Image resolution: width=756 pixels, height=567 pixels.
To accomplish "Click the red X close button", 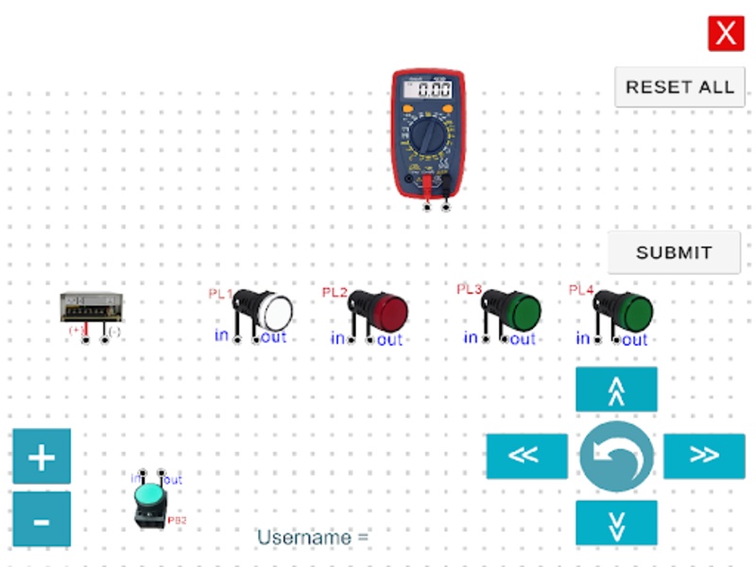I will click(726, 34).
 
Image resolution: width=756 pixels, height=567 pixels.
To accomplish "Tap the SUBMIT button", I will click(674, 252).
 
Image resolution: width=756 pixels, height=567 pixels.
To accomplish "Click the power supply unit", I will click(92, 307).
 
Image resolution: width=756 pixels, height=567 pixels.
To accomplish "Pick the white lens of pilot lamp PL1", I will click(277, 311).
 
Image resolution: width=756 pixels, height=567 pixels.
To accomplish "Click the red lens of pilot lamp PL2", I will click(390, 309).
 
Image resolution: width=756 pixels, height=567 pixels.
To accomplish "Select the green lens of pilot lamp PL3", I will click(524, 308).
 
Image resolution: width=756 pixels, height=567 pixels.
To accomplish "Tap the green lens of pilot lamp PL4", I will click(637, 310).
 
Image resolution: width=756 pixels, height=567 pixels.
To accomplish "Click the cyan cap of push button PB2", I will click(149, 494).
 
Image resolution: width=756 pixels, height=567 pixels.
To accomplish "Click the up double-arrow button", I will click(616, 389).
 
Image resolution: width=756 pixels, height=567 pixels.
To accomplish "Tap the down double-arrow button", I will click(616, 523).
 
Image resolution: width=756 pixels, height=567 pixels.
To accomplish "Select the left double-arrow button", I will click(526, 455).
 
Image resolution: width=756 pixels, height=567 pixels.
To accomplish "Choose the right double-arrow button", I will click(704, 455).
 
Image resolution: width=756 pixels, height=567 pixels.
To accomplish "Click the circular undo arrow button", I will click(616, 455).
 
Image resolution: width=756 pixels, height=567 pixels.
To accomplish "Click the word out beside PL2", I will click(389, 340).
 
